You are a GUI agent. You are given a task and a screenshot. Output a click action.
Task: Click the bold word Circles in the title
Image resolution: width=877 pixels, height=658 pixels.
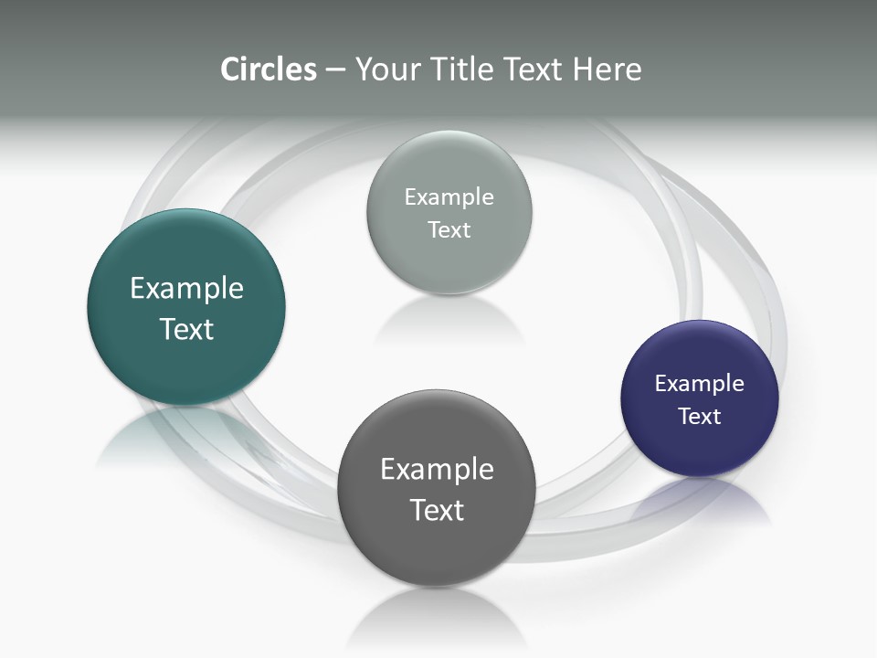click(268, 69)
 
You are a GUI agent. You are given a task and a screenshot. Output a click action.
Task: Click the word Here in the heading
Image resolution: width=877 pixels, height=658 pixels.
click(608, 69)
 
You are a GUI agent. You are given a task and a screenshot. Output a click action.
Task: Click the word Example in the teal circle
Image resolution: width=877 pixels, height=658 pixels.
click(186, 289)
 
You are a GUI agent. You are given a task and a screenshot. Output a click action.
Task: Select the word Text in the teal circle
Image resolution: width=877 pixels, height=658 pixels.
click(186, 329)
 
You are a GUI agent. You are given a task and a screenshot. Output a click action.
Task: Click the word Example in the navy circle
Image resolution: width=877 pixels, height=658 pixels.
click(699, 384)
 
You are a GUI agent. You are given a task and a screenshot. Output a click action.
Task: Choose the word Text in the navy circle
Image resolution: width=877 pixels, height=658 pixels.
click(699, 417)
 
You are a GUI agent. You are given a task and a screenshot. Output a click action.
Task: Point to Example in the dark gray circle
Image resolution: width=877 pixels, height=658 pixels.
click(437, 470)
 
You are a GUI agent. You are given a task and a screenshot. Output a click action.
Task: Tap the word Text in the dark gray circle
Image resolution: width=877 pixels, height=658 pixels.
click(437, 510)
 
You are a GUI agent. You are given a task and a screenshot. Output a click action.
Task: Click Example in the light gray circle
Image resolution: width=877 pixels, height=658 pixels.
click(449, 197)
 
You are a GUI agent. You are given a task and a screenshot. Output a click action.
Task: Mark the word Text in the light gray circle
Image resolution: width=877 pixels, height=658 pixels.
click(449, 230)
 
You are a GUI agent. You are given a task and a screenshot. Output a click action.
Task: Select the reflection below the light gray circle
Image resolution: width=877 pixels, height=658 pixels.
click(448, 320)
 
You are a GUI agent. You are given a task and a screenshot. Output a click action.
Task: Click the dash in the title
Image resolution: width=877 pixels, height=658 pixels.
click(335, 69)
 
